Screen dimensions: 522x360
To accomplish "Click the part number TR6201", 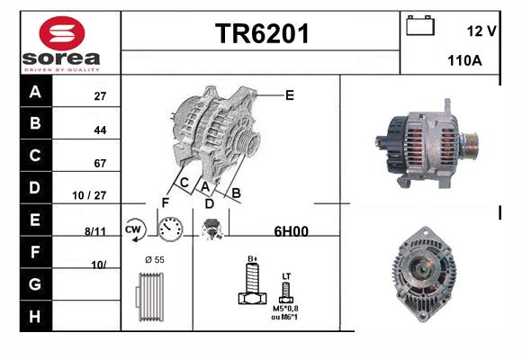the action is (x=262, y=33).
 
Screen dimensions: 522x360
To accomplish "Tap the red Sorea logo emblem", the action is (x=62, y=33).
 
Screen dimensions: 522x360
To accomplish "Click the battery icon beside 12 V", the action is (x=420, y=25).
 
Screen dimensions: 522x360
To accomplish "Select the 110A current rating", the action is (x=464, y=60).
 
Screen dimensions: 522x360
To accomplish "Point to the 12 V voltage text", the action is (x=481, y=31).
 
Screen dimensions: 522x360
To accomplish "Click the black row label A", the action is (x=35, y=92).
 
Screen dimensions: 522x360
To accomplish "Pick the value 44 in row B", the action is (x=100, y=130).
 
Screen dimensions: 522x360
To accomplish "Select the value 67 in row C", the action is (x=100, y=163).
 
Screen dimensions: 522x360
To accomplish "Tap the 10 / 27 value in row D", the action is (x=89, y=195).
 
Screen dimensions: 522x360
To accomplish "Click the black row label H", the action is (x=35, y=316).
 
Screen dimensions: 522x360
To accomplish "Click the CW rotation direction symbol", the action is (x=134, y=229).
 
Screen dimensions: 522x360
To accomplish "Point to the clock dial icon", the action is (x=170, y=229).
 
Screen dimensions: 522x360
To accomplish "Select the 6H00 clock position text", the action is (x=291, y=231).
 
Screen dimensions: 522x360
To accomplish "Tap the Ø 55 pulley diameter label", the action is (x=155, y=260).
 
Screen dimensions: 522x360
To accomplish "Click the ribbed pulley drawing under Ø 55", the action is (x=149, y=297).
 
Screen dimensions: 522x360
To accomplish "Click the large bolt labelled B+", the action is (x=253, y=283).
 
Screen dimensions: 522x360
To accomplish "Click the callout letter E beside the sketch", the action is (x=290, y=95).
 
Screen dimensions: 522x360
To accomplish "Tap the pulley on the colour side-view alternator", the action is (x=470, y=146).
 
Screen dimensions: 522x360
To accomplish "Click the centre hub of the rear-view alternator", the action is (x=422, y=268).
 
